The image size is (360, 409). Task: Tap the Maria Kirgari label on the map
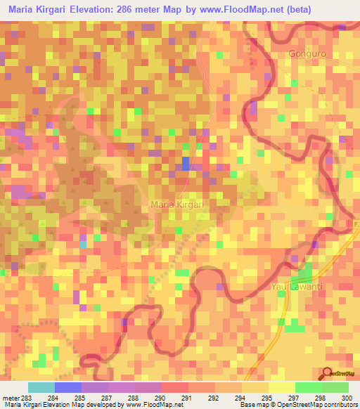177,204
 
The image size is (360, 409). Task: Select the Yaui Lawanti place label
296,286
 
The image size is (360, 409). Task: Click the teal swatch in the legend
41,387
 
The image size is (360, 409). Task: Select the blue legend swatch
67,387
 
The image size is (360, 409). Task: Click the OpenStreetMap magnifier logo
328,375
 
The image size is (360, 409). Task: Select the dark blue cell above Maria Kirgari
186,163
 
